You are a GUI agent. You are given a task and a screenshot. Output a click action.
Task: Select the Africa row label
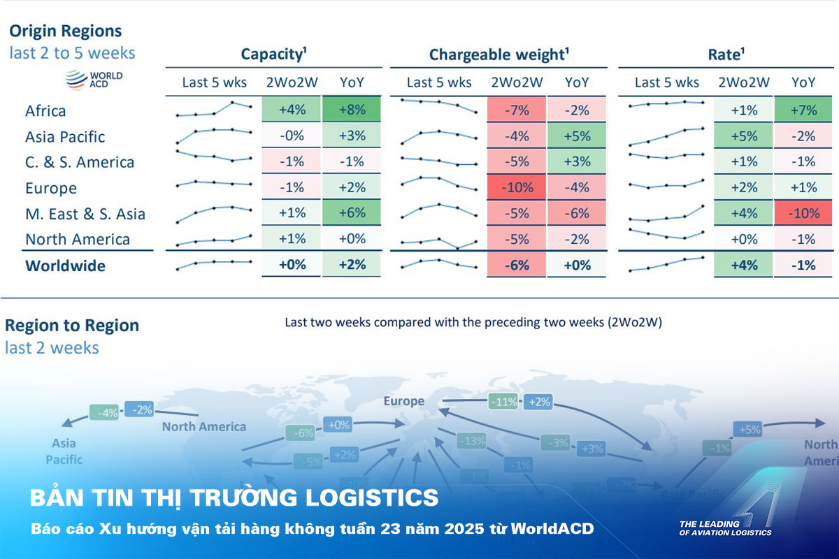(x=45, y=111)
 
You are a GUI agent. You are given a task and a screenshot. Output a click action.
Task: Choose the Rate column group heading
(x=724, y=55)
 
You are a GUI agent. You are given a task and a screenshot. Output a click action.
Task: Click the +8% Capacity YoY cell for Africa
(x=352, y=110)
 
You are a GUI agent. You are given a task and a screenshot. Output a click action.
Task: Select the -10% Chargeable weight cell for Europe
(x=517, y=187)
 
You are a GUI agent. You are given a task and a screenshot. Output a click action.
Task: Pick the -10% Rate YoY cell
(x=803, y=213)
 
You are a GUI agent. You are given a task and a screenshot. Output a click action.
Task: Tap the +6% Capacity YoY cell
(x=352, y=213)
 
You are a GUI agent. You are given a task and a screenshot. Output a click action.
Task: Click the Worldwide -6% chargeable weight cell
(x=517, y=266)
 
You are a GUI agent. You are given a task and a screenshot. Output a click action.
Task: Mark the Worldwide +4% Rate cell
(x=743, y=266)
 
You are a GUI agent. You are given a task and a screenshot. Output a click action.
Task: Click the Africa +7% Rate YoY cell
(x=803, y=110)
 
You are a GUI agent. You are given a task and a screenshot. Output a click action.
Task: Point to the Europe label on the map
(x=403, y=401)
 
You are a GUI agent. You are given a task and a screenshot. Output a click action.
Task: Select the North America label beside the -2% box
(x=204, y=426)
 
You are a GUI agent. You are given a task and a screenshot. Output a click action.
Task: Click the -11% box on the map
(x=504, y=402)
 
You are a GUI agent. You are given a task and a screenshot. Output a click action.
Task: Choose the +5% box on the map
(x=747, y=429)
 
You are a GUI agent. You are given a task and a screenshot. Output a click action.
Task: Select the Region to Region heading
(x=72, y=326)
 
